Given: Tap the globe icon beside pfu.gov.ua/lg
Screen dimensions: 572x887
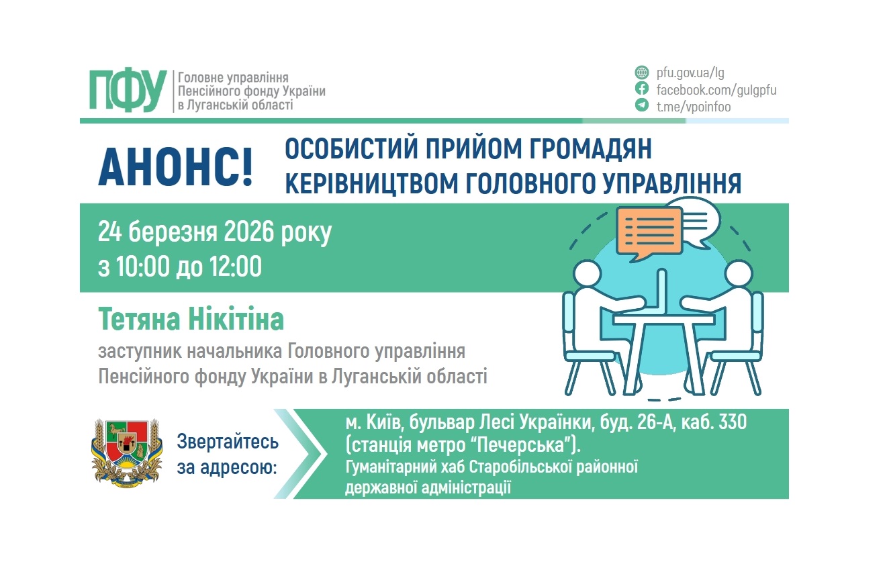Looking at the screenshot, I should click(x=642, y=73).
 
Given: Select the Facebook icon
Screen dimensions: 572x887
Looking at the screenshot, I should click(x=642, y=89).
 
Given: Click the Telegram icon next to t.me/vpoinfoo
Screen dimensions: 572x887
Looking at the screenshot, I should click(x=642, y=106).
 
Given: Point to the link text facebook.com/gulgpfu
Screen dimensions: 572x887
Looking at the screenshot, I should click(x=716, y=89).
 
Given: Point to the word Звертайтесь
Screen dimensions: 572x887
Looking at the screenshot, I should click(x=228, y=442).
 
